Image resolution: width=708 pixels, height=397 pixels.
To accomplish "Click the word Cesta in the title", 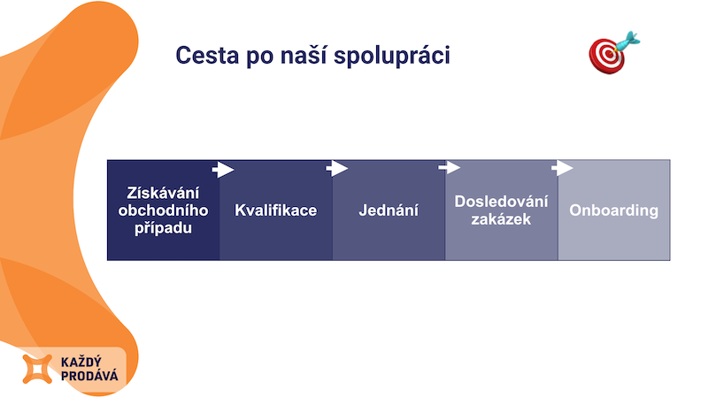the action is (x=207, y=56).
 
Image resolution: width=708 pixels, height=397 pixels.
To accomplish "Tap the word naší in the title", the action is (x=302, y=55).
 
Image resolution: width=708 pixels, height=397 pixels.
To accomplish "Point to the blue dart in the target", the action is (x=627, y=42).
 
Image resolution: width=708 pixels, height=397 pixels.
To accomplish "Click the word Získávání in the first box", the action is (x=163, y=193).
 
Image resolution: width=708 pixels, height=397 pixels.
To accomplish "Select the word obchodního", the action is (x=163, y=210).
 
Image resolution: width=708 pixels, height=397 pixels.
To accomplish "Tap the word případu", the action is (x=163, y=228).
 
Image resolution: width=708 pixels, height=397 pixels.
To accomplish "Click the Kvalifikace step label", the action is (x=275, y=210).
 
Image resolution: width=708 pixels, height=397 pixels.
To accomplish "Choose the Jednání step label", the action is (x=389, y=210).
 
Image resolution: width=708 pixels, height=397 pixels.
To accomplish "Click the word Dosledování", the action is (x=501, y=202).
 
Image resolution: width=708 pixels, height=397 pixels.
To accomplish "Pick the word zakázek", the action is (x=501, y=219).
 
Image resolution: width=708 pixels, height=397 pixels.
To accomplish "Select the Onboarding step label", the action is (x=613, y=210).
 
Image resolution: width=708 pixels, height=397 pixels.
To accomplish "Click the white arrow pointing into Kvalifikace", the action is (x=223, y=170).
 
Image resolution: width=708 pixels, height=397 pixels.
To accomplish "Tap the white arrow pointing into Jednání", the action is (x=337, y=169).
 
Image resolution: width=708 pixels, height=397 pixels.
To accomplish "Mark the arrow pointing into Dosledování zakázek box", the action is (x=450, y=168).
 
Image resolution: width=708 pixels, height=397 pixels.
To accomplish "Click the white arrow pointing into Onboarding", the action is (x=562, y=168).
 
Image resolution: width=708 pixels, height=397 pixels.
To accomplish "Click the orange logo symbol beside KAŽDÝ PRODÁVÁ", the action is (x=37, y=369).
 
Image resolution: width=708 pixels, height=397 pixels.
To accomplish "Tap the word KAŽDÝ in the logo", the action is (x=81, y=362).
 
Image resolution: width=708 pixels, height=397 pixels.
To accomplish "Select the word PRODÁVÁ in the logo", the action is (x=89, y=376).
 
